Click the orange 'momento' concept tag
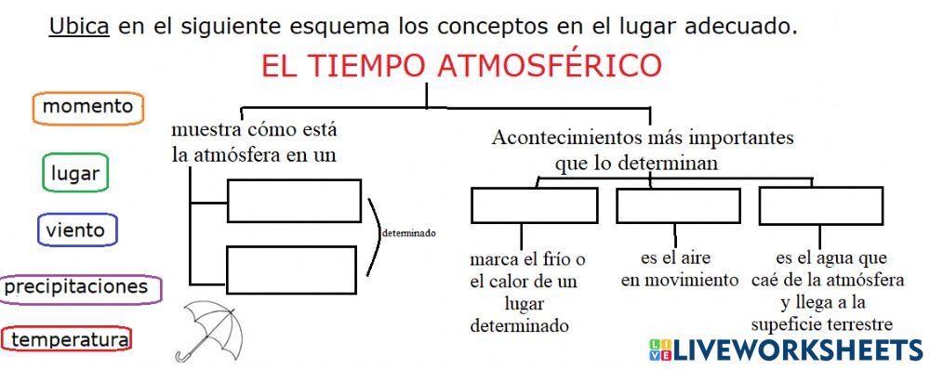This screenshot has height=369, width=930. (x=88, y=107)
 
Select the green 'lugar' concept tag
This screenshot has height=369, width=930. (x=75, y=172)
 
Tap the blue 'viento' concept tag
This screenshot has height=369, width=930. (x=76, y=230)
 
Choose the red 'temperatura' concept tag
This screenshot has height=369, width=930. (x=68, y=339)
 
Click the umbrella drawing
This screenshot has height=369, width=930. (x=209, y=330)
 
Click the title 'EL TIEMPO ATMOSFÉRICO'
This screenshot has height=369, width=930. (x=461, y=66)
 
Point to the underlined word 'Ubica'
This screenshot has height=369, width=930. (x=79, y=27)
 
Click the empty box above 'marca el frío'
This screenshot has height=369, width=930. (x=534, y=205)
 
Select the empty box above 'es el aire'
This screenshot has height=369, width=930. (x=678, y=205)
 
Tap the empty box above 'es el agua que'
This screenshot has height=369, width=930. (x=821, y=205)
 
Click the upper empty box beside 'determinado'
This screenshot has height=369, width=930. (x=293, y=201)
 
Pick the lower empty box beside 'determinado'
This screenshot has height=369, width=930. (x=291, y=269)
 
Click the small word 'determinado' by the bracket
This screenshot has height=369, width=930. (x=408, y=233)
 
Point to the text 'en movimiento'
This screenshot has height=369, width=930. (x=680, y=279)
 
